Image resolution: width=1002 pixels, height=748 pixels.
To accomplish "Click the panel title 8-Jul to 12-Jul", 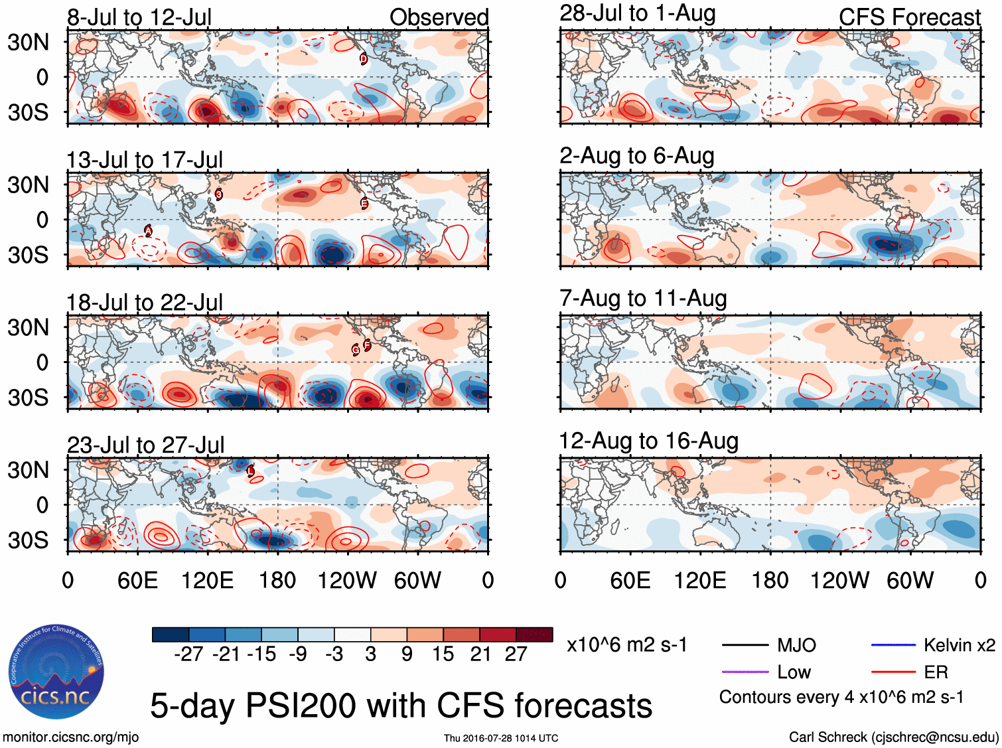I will coord(139,17).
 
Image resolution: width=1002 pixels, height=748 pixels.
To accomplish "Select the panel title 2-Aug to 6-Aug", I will coord(636,156).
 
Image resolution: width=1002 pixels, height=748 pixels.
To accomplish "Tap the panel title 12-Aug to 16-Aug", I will coord(648,441).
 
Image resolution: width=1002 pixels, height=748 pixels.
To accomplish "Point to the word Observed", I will coord(439,17).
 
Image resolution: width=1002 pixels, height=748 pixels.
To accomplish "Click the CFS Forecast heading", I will coord(909,17).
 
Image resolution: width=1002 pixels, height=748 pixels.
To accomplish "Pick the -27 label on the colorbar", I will coord(188,654).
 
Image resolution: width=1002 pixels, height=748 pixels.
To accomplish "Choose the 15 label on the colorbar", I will coord(443,654).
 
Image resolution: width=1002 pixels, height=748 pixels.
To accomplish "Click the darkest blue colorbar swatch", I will coord(171,635).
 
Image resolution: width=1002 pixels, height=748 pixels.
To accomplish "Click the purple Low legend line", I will coord(745,672).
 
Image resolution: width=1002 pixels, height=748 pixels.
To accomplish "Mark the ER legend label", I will coord(936,672).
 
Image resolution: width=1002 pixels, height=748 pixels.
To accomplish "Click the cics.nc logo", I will coord(56,672).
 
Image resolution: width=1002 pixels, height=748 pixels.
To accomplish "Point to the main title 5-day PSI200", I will coord(401,706).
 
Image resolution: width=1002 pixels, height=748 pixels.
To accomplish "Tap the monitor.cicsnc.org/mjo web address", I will coord(70,737).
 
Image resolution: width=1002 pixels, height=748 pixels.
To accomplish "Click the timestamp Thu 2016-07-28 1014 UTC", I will coord(501,738).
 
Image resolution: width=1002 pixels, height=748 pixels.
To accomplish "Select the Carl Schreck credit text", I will coord(893,737).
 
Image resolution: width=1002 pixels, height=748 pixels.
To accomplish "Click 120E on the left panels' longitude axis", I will coord(207,581).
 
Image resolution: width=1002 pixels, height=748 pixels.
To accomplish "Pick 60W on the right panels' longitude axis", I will coord(910,581).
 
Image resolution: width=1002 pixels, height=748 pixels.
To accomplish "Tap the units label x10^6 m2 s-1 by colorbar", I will coord(626,645).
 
